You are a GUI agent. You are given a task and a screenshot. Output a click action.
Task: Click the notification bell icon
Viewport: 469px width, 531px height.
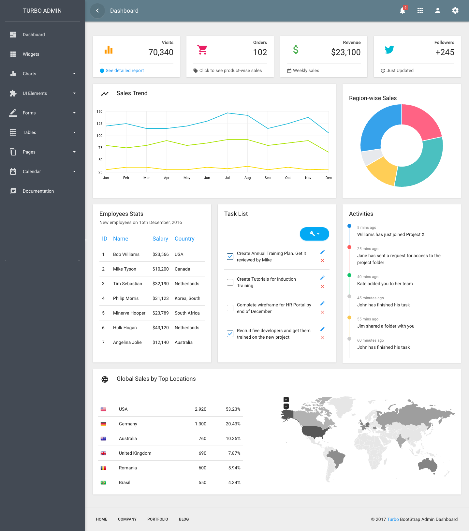(x=403, y=11)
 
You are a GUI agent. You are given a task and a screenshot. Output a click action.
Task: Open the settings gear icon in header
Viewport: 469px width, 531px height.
(x=455, y=11)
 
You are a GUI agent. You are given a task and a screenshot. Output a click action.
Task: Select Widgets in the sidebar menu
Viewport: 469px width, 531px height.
(x=31, y=54)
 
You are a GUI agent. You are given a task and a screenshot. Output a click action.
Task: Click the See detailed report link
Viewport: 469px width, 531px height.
(x=125, y=70)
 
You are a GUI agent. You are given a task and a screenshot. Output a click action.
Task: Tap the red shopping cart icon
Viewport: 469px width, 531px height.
(x=202, y=50)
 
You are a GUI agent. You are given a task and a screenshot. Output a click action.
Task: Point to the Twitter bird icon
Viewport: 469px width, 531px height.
(x=389, y=50)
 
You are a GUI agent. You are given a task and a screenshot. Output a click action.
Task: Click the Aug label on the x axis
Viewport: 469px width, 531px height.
(x=247, y=178)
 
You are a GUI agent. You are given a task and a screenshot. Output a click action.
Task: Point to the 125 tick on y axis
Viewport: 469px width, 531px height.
(x=99, y=124)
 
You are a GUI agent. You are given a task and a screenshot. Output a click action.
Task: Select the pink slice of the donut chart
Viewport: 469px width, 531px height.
(x=420, y=120)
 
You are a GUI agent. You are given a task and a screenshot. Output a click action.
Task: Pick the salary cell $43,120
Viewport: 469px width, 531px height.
(x=160, y=328)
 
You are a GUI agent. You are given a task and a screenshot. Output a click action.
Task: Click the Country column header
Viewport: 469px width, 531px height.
(x=184, y=239)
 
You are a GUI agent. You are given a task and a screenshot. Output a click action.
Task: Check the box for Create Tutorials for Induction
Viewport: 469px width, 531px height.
(x=230, y=282)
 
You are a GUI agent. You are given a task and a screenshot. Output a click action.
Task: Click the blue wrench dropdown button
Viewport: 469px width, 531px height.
(x=314, y=234)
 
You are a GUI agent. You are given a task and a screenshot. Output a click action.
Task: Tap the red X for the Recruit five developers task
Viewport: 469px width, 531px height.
(x=322, y=338)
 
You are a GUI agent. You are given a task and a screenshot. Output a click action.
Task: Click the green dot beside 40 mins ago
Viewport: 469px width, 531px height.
(x=349, y=275)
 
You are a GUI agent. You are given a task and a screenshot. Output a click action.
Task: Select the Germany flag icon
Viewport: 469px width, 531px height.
(x=103, y=424)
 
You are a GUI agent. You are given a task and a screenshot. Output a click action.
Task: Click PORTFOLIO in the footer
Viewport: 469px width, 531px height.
(x=157, y=519)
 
